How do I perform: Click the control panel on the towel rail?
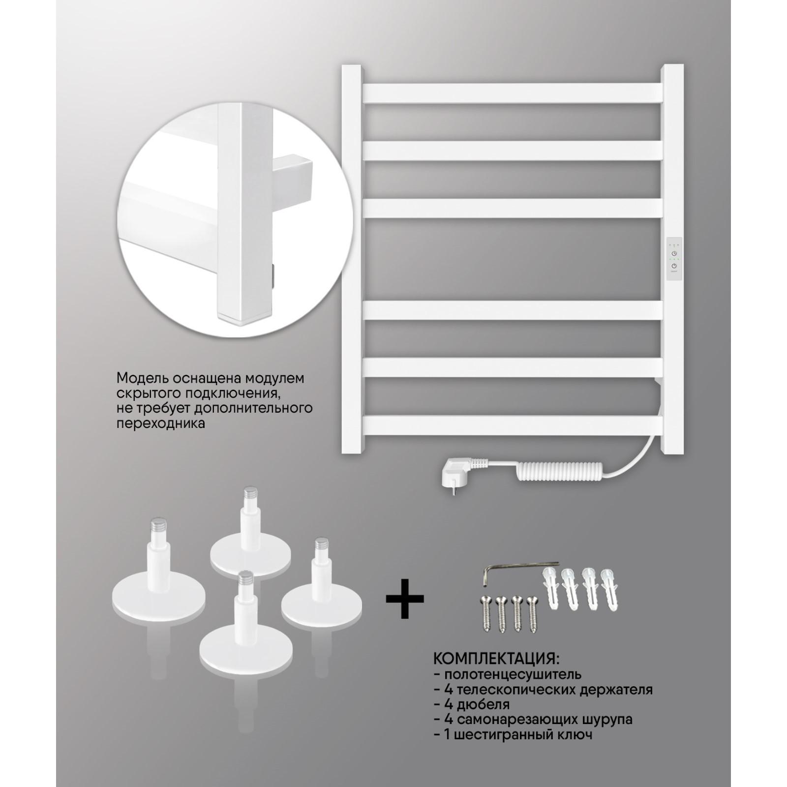pos(673,260)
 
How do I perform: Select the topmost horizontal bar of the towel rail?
pos(512,93)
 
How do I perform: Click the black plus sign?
pos(404,599)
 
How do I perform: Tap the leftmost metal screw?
pos(486,614)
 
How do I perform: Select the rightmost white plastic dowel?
pos(609,590)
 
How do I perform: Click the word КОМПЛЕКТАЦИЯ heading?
pos(496,658)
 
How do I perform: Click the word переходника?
pos(161,423)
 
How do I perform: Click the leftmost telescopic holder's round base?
pos(159,596)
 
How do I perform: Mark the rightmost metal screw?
pos(532,614)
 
